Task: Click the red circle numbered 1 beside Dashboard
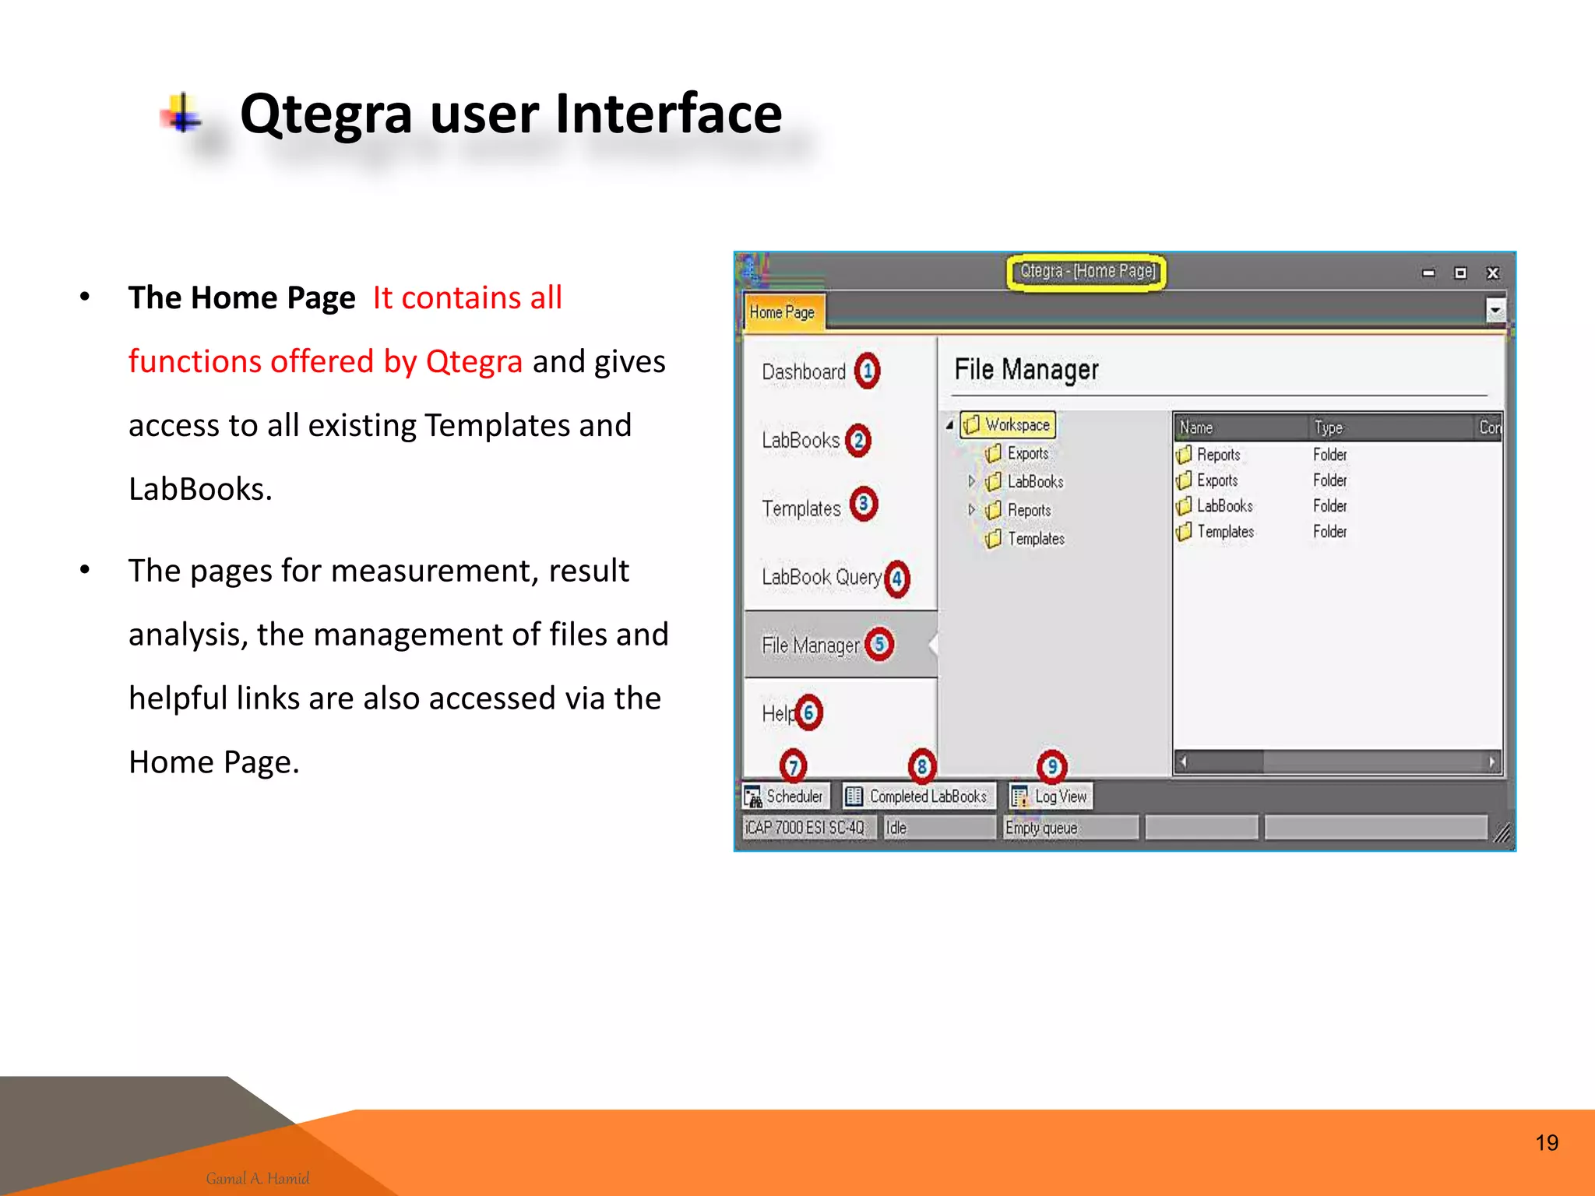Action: (867, 371)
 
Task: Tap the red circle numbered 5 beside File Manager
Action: (879, 645)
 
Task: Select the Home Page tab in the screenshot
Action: (782, 312)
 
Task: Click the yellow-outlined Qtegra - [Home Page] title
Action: (1086, 272)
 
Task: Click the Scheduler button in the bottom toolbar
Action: (785, 797)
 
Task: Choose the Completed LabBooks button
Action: (918, 797)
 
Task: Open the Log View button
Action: (1051, 797)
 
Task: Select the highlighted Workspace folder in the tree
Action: (1009, 425)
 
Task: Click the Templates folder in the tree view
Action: (1034, 539)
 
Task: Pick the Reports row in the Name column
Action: (1217, 455)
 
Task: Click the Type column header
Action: (1328, 427)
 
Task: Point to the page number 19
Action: (1547, 1142)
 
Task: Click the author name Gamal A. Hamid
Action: (258, 1178)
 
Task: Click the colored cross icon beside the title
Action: (182, 114)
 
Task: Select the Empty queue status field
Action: (1069, 828)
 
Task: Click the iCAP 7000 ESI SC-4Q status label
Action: (805, 828)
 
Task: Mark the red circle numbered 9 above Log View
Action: (1051, 766)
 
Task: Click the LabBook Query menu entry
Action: (821, 577)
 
